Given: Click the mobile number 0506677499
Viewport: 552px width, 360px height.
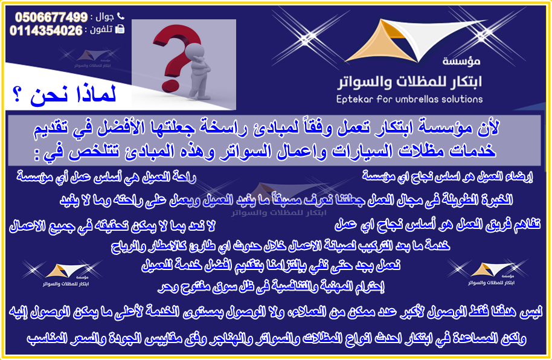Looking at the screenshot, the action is [51, 17].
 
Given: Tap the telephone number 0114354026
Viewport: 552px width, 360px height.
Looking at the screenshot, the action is [46, 31].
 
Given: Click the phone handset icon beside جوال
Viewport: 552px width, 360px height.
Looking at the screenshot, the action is [120, 16].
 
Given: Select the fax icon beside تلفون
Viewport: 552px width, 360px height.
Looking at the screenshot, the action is [120, 29].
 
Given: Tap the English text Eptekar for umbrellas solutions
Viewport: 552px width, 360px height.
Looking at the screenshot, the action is [409, 99].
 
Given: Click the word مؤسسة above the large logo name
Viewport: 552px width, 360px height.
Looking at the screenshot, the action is [461, 61].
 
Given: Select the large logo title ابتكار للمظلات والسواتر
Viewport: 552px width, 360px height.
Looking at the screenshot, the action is [409, 82].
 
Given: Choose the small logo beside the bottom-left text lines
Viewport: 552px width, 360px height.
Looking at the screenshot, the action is [63, 274].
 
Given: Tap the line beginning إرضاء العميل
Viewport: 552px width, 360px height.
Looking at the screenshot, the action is [448, 176].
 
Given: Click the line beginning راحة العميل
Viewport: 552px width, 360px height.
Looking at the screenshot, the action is [106, 177].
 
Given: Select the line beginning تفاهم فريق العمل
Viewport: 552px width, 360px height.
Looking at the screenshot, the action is [437, 224].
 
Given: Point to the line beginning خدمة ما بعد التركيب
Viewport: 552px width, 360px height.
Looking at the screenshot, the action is [280, 245].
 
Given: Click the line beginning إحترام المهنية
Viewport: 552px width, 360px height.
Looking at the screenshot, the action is [271, 287].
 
